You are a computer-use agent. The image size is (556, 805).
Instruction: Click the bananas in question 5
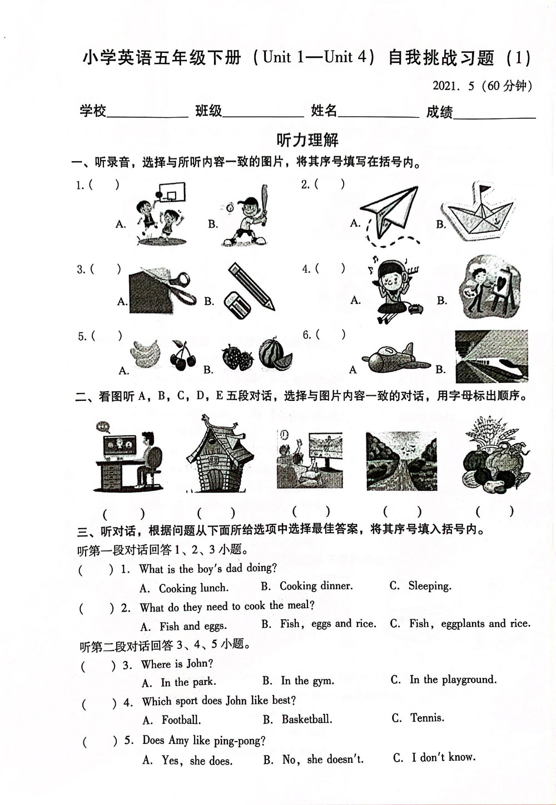[146, 355]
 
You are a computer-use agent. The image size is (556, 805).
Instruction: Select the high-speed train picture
[491, 356]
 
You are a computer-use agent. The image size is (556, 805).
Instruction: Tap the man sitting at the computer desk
[149, 460]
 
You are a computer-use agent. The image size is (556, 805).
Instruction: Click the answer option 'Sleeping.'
[429, 586]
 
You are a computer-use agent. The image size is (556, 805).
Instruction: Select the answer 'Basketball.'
[306, 719]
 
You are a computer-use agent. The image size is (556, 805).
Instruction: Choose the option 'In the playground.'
[453, 679]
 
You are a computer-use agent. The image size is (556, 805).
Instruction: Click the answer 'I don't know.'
[443, 757]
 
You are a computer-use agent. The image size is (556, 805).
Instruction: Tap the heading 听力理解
[307, 140]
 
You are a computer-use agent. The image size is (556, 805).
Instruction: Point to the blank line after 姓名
[378, 114]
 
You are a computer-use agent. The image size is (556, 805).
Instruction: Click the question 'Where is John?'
[177, 664]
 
